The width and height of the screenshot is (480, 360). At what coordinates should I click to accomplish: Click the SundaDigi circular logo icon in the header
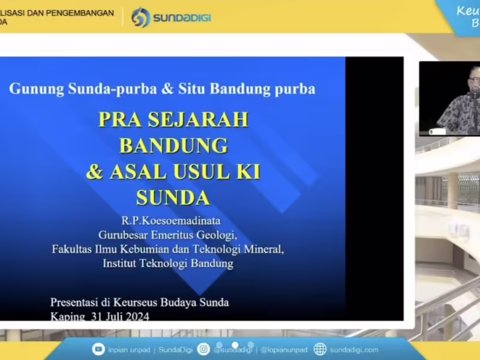[140, 17]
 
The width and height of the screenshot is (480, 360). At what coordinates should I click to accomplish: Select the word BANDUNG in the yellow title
[173, 145]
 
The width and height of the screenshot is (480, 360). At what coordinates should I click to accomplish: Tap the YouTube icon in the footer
[98, 349]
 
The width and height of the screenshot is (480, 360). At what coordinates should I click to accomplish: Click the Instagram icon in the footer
[204, 349]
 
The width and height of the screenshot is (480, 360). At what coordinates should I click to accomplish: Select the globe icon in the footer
[320, 349]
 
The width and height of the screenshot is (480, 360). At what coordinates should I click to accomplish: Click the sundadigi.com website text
[354, 350]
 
